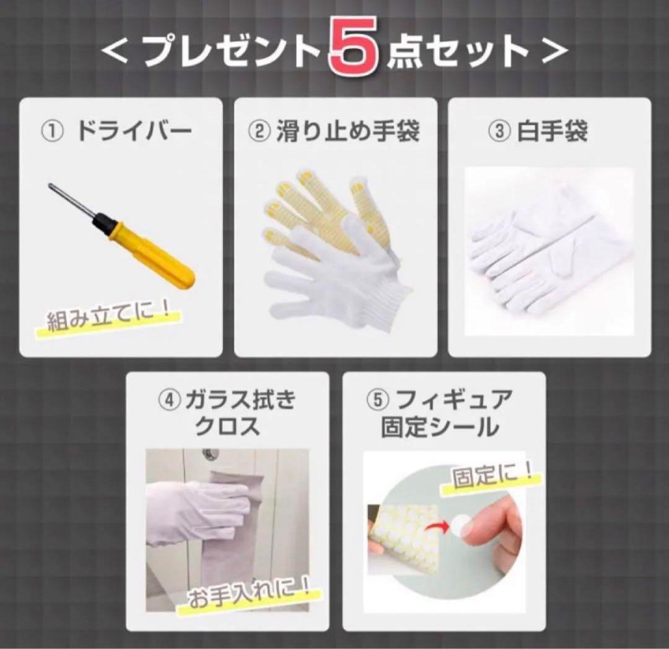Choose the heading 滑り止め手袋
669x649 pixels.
click(x=346, y=131)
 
